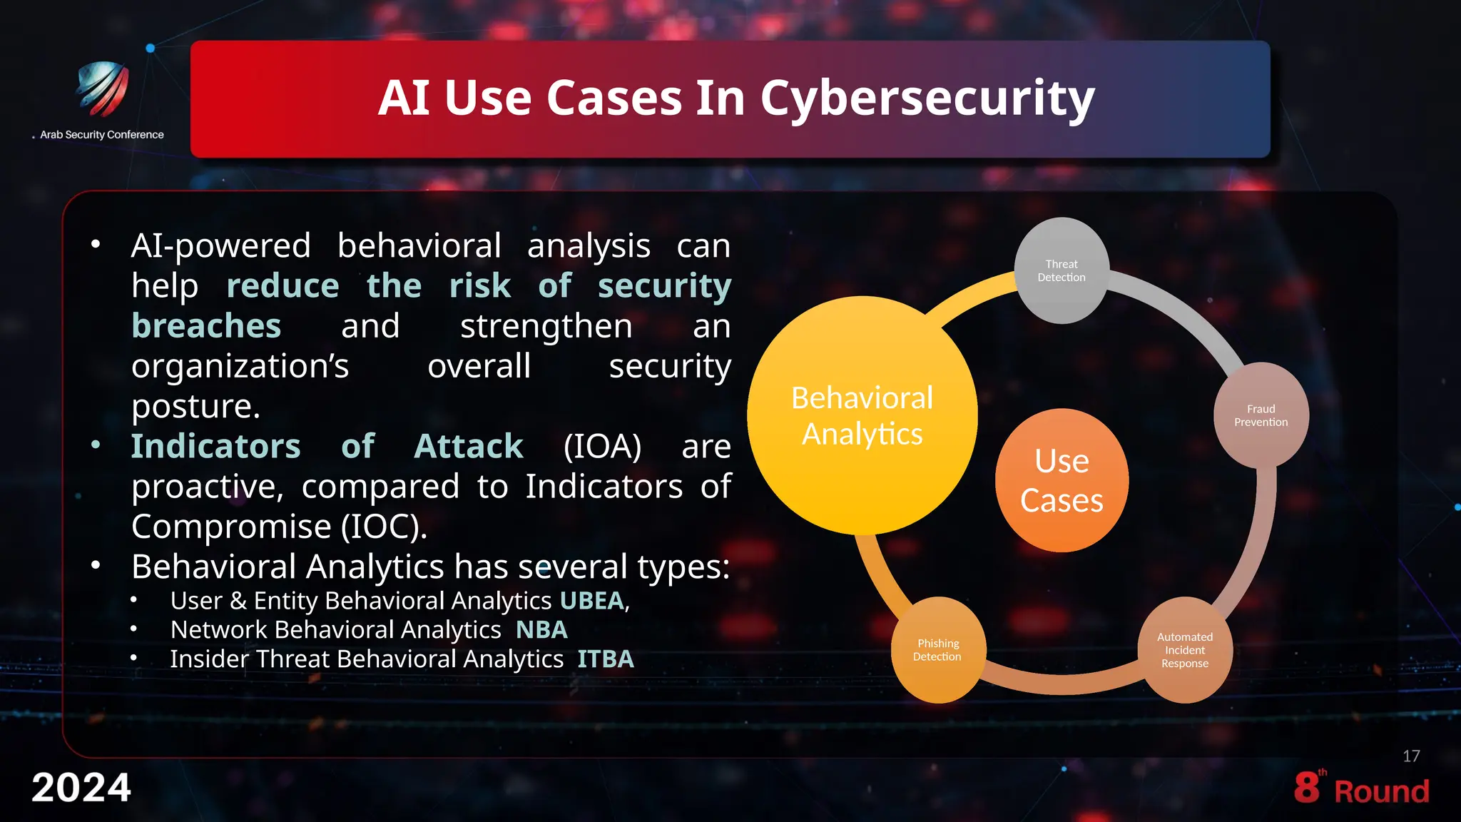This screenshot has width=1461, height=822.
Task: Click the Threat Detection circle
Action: click(x=1062, y=270)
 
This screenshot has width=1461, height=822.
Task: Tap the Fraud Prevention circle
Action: click(x=1261, y=415)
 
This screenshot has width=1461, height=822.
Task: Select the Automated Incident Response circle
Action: click(x=1184, y=649)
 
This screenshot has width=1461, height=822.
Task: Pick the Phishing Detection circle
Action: click(x=937, y=649)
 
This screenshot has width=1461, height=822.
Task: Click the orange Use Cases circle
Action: click(x=1062, y=480)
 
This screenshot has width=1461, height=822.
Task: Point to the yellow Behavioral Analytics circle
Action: click(x=862, y=415)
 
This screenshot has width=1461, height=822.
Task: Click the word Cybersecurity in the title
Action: click(x=927, y=98)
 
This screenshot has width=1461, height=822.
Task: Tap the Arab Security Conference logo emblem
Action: click(x=103, y=89)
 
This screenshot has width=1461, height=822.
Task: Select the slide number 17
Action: click(x=1410, y=756)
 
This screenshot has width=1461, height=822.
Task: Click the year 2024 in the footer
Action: click(x=81, y=788)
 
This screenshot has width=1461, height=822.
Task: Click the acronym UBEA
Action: click(x=591, y=601)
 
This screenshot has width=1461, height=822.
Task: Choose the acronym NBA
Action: click(x=541, y=630)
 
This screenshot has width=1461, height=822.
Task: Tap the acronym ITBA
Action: click(x=605, y=659)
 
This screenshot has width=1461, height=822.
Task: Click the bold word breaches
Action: click(x=206, y=326)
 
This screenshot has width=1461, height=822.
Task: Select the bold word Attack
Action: click(x=469, y=447)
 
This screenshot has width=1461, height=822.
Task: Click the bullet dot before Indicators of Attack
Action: click(x=96, y=445)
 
